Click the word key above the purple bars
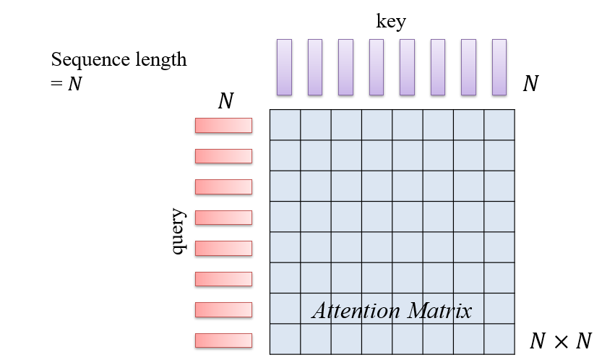point(391,22)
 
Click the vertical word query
point(179,232)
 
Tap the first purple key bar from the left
point(284,67)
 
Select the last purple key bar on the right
point(499,67)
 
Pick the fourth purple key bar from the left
point(377,67)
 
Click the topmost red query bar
point(223,126)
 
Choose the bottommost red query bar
point(223,340)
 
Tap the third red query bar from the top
point(223,187)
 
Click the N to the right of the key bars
point(530,85)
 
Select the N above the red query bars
point(225,101)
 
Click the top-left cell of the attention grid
point(285,124)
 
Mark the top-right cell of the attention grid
point(499,124)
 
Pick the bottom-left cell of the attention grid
point(285,339)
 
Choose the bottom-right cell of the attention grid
point(499,339)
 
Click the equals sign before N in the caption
point(56,84)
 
